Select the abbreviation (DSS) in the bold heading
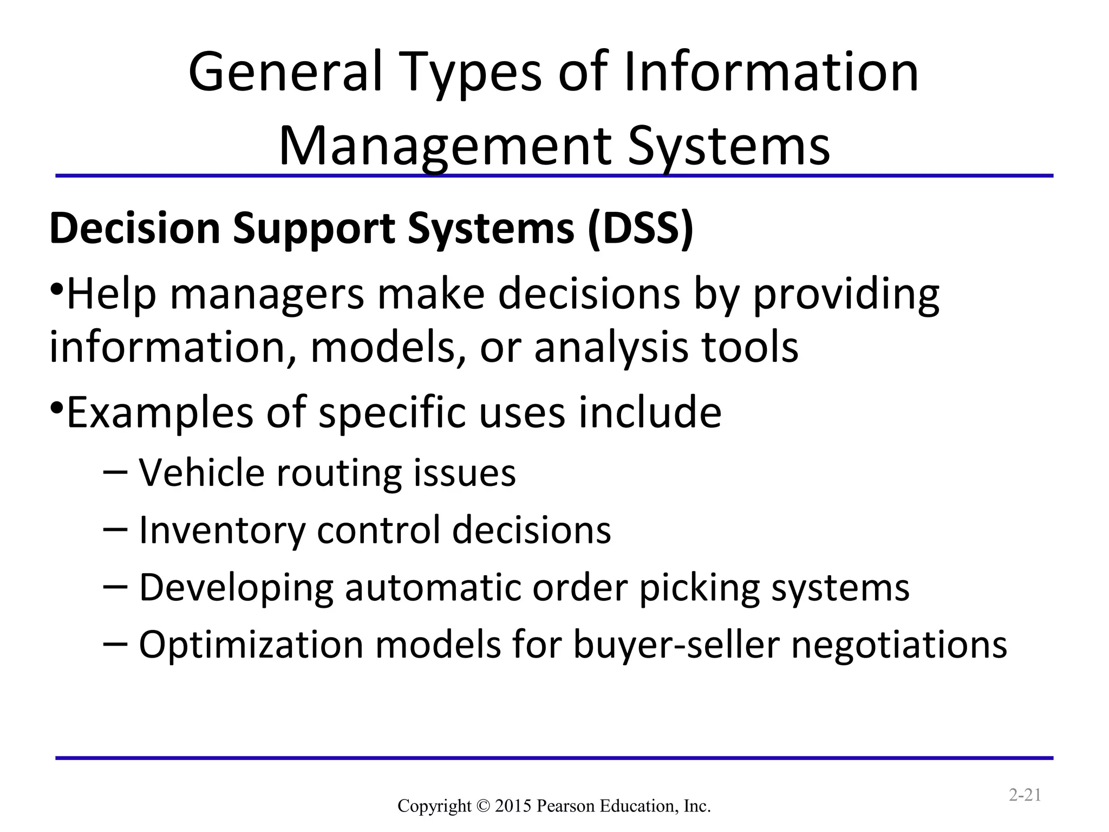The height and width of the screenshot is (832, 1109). click(x=641, y=229)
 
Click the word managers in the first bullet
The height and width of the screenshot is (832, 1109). click(x=268, y=294)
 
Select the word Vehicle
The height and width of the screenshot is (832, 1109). click(x=201, y=473)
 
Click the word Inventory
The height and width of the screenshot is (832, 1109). click(x=222, y=530)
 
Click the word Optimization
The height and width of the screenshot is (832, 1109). click(x=251, y=645)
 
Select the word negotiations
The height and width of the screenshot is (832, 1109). click(x=899, y=645)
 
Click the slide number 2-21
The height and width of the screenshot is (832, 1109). click(x=1025, y=795)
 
